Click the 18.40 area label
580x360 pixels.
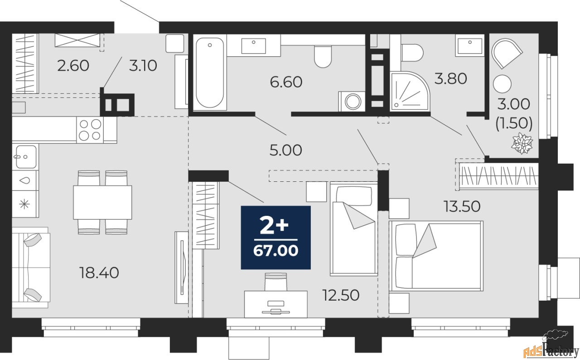pyautogui.click(x=99, y=273)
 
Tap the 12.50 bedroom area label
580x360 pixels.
pyautogui.click(x=341, y=295)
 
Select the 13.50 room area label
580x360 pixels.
pyautogui.click(x=462, y=206)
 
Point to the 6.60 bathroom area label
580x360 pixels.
pyautogui.click(x=286, y=82)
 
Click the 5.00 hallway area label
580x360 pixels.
pyautogui.click(x=285, y=150)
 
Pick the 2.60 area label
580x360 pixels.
pyautogui.click(x=73, y=66)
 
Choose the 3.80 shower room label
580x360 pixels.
pyautogui.click(x=450, y=78)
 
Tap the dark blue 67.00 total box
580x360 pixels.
pyautogui.click(x=276, y=238)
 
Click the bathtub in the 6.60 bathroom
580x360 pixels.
pyautogui.click(x=210, y=73)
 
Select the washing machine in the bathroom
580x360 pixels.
pyautogui.click(x=352, y=101)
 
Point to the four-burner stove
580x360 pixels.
pyautogui.click(x=90, y=130)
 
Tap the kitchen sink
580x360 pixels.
pyautogui.click(x=25, y=157)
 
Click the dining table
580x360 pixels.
pyautogui.click(x=102, y=202)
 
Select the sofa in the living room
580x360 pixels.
pyautogui.click(x=30, y=268)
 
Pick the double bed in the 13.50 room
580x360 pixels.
pyautogui.click(x=436, y=256)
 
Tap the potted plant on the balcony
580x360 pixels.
pyautogui.click(x=522, y=143)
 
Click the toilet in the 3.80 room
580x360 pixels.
pyautogui.click(x=412, y=53)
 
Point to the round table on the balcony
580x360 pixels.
pyautogui.click(x=502, y=84)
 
